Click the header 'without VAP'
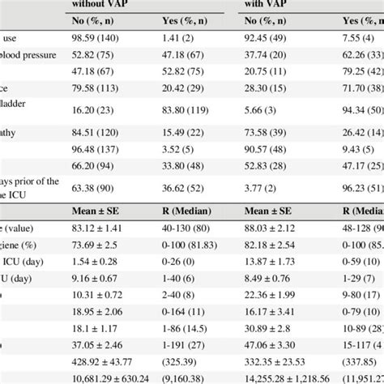(x=100, y=4)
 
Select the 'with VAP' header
(x=268, y=4)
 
